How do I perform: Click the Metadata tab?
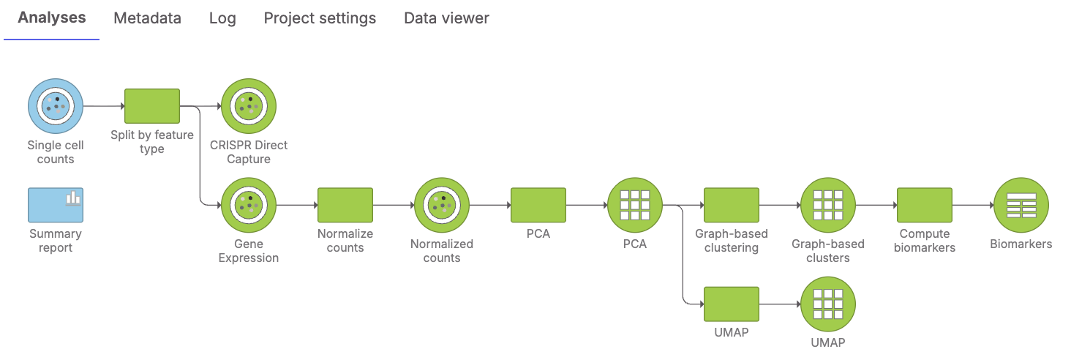147,18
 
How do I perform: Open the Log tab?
222,18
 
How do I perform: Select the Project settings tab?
320,18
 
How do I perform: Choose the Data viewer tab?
446,18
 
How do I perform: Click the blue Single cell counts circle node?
56,106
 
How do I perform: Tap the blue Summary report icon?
56,205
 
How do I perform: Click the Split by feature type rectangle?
152,106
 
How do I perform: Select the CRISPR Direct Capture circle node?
249,106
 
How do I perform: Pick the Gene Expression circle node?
249,205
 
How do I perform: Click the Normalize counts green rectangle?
345,205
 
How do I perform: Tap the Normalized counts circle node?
442,205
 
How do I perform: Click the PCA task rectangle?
538,205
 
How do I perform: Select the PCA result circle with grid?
635,205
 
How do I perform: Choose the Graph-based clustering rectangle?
732,205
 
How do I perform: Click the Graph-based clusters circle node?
828,205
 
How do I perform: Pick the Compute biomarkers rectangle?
925,205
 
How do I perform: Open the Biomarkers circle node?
1021,205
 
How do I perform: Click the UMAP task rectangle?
732,304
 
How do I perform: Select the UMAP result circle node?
828,304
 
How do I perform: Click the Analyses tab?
52,18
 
